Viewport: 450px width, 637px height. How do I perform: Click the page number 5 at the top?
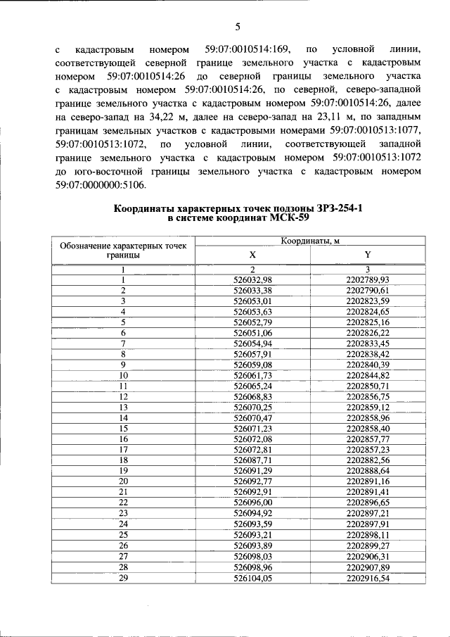pos(237,27)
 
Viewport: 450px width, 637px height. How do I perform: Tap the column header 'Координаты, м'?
pos(310,241)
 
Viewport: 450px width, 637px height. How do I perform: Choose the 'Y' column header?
pos(367,254)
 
